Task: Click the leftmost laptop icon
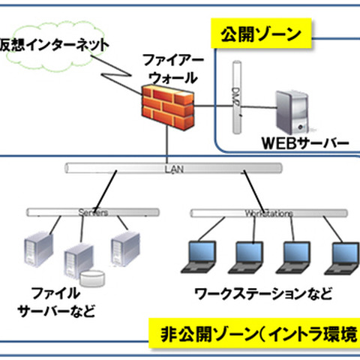pyautogui.click(x=200, y=256)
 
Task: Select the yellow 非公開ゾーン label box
pyautogui.click(x=255, y=333)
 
